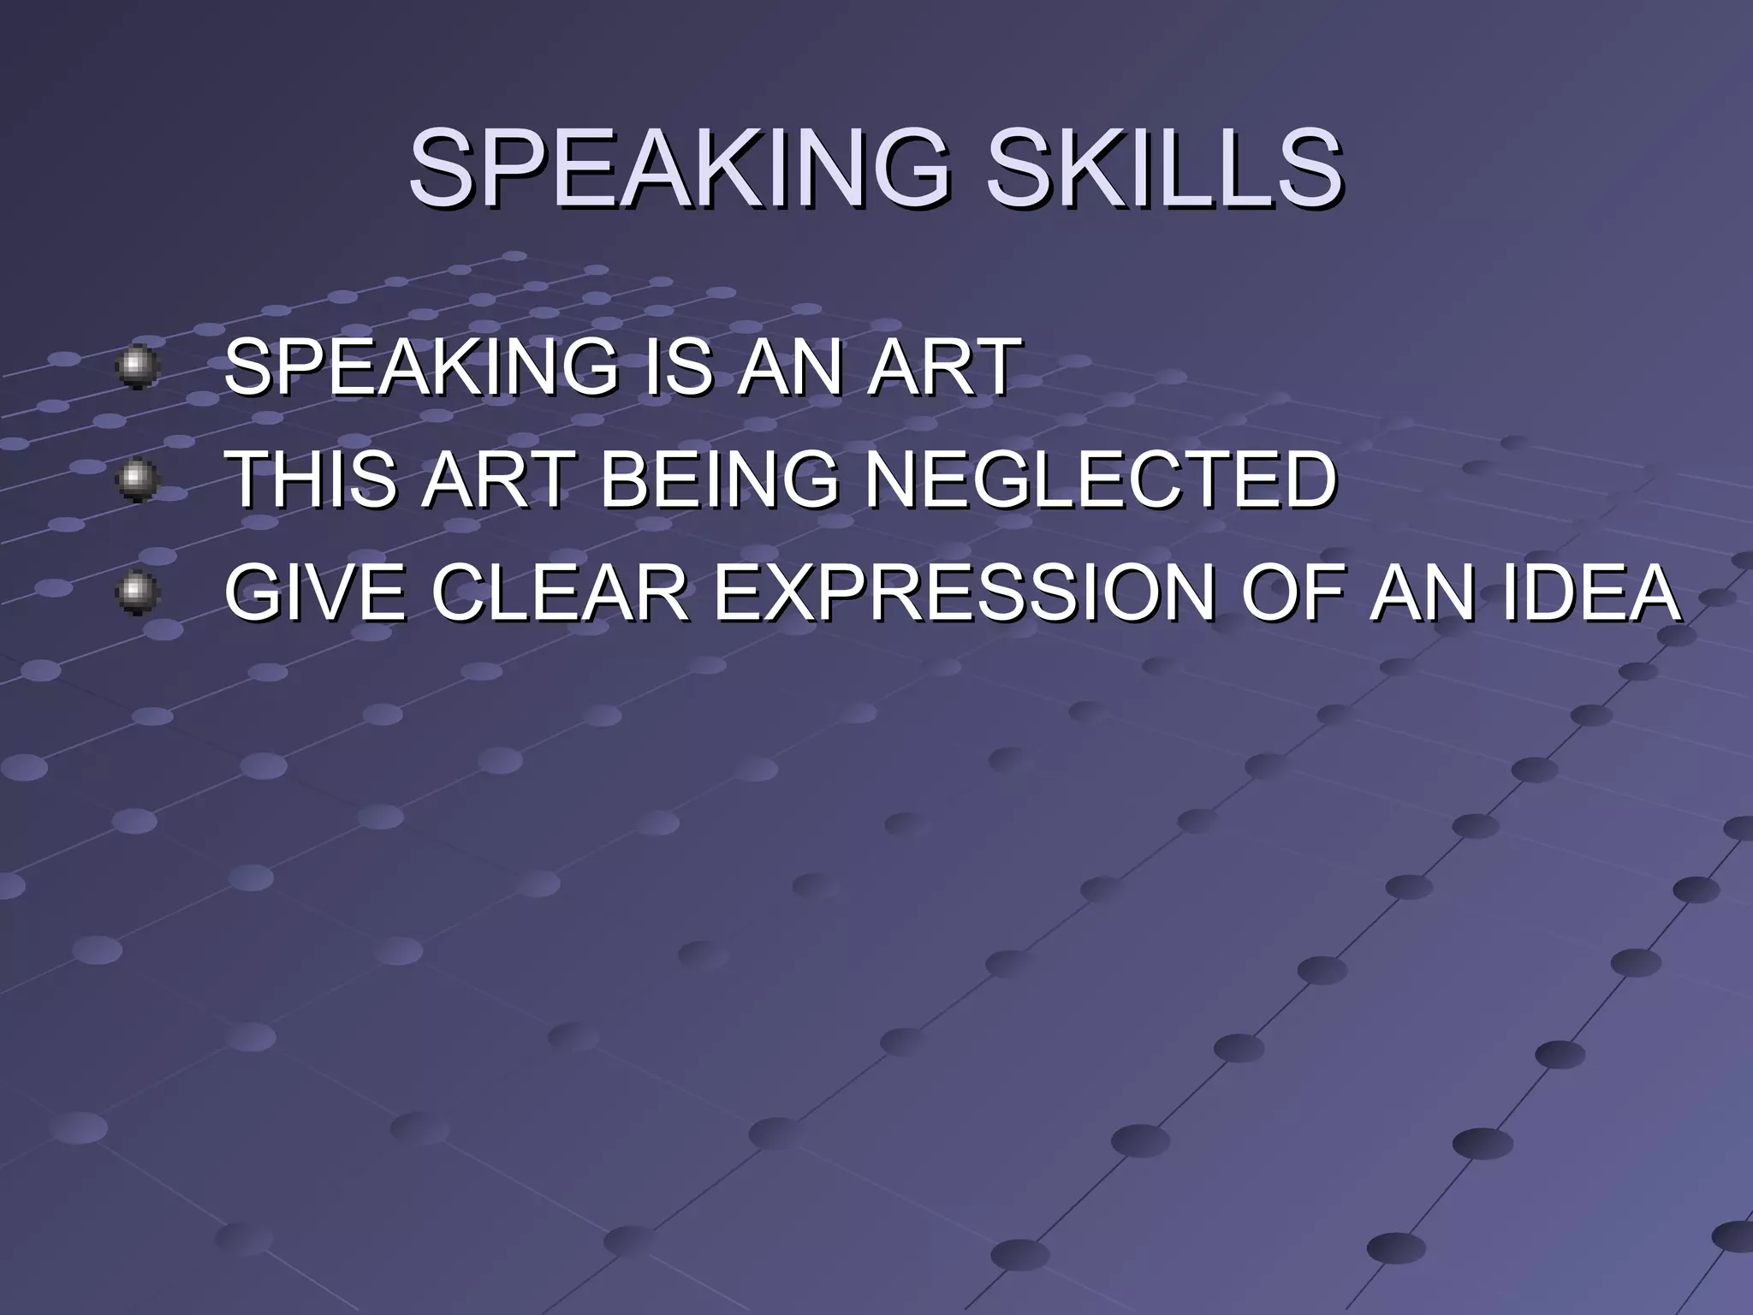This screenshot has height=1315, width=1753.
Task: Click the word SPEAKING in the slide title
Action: (x=680, y=169)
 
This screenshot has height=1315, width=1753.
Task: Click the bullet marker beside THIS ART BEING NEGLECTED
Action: (x=137, y=479)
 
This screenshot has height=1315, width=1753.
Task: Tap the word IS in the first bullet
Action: (x=680, y=367)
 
